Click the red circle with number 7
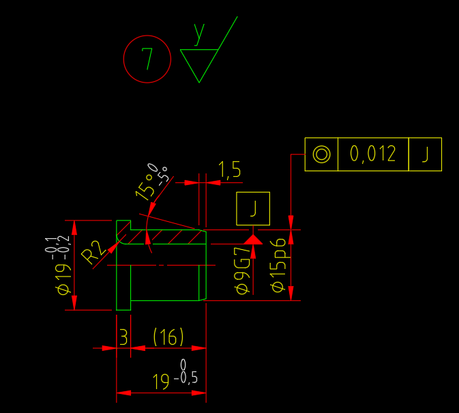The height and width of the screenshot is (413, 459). tap(147, 59)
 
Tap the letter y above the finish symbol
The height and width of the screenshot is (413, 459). tap(199, 32)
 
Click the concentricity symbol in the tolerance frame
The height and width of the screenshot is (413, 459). tap(321, 154)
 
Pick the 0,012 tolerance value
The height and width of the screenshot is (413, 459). tap(372, 154)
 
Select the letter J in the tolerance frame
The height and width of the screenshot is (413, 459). tap(425, 154)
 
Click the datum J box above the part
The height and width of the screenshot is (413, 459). tap(253, 209)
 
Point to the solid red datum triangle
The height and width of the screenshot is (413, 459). tap(253, 239)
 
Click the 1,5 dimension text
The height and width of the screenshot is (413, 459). tap(229, 169)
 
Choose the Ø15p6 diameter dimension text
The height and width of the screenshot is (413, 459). tap(278, 266)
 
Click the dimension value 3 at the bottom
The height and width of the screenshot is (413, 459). tap(123, 337)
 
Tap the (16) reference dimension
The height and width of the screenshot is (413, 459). tap(168, 337)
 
